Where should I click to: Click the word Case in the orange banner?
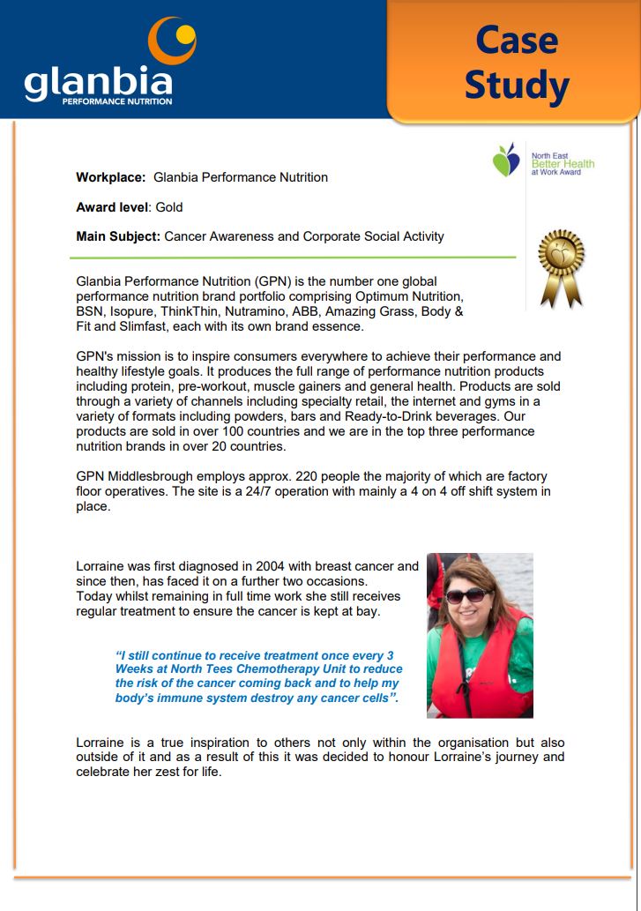click(516, 41)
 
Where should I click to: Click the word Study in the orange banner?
click(516, 86)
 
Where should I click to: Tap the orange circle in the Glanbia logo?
click(171, 40)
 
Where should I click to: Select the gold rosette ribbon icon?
click(562, 265)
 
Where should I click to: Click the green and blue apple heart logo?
click(506, 160)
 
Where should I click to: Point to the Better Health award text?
click(563, 164)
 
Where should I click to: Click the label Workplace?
click(110, 177)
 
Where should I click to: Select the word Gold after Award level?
click(168, 207)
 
